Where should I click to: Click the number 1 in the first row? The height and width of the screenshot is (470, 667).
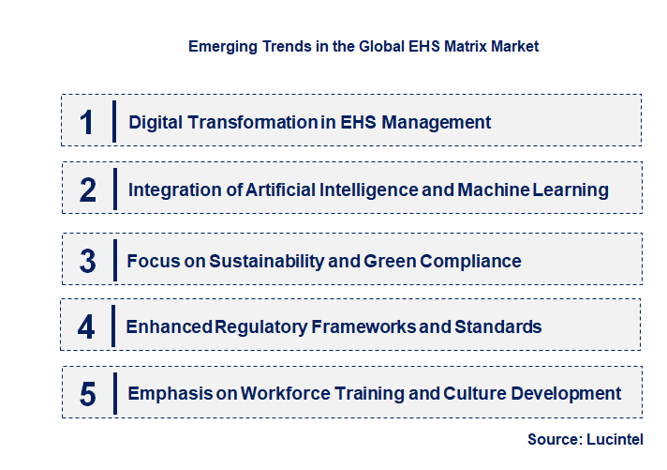point(87,122)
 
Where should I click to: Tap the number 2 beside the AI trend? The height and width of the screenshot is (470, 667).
point(88,190)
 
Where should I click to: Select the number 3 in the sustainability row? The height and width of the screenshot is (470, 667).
point(87,261)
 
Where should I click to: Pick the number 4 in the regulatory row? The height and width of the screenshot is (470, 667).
point(86,327)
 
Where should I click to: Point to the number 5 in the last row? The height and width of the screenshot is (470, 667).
point(87,394)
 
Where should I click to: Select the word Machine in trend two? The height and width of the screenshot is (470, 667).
point(492,190)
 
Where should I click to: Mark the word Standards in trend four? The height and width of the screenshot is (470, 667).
point(497,327)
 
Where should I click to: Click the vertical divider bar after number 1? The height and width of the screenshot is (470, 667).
point(114,122)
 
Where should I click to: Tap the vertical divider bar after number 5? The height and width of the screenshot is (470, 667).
point(113,394)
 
